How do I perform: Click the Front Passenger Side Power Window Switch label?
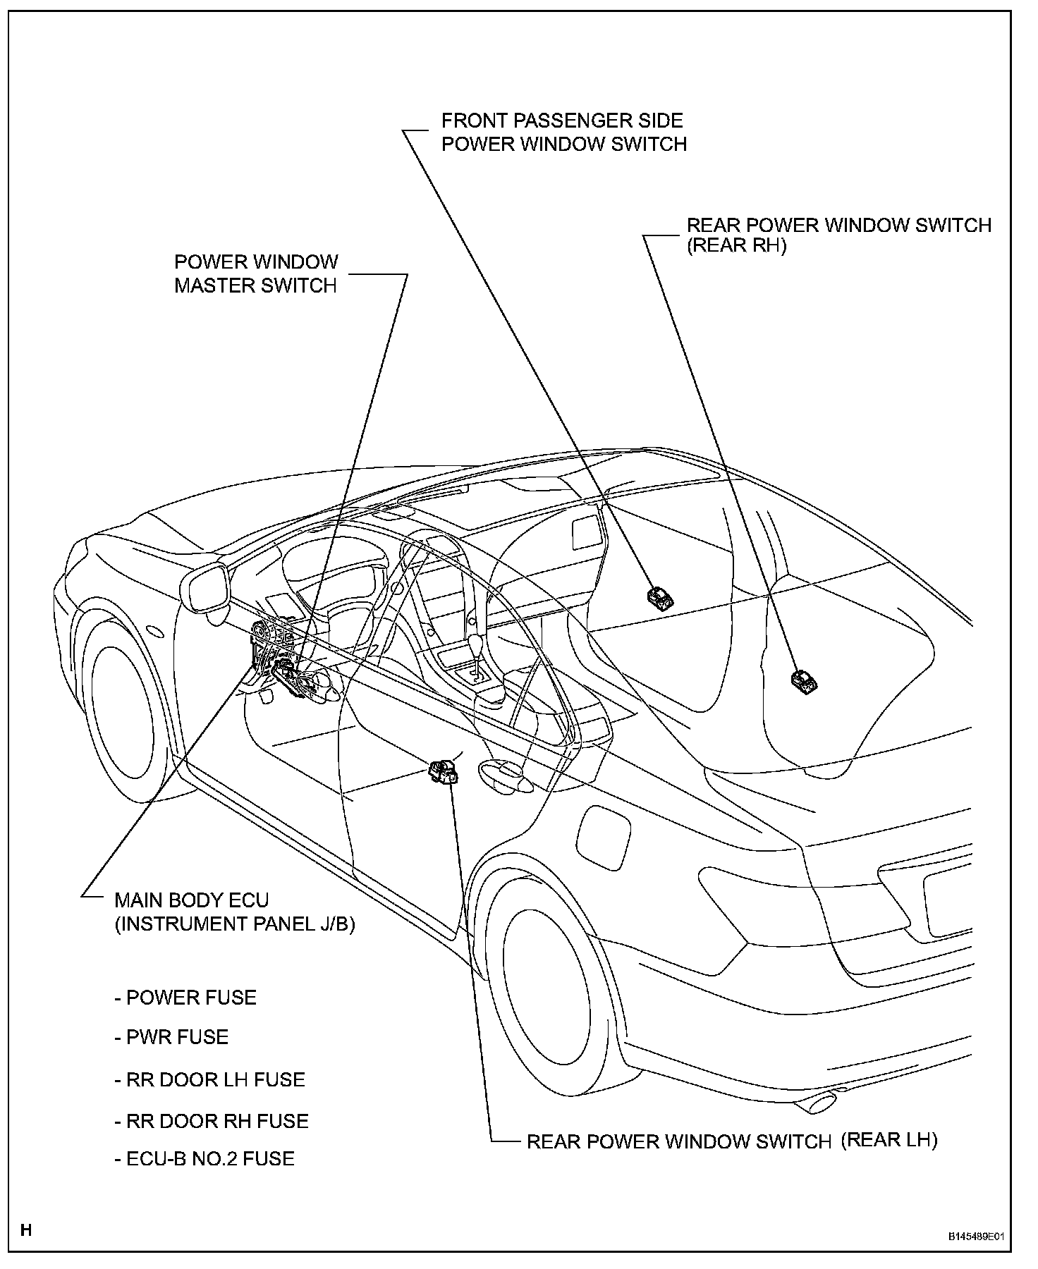(x=563, y=133)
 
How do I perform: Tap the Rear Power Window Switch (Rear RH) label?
(x=838, y=235)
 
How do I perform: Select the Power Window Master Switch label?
(x=256, y=274)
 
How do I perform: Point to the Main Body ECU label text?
(x=235, y=912)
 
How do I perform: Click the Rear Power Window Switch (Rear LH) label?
(x=731, y=1160)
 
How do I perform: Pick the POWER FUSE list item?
(x=185, y=998)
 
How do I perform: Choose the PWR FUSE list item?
(x=171, y=1037)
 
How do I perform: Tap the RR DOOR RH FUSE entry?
(x=212, y=1121)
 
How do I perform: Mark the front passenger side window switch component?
(x=659, y=597)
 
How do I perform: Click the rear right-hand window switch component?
(x=805, y=681)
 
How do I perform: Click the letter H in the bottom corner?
(x=26, y=1231)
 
